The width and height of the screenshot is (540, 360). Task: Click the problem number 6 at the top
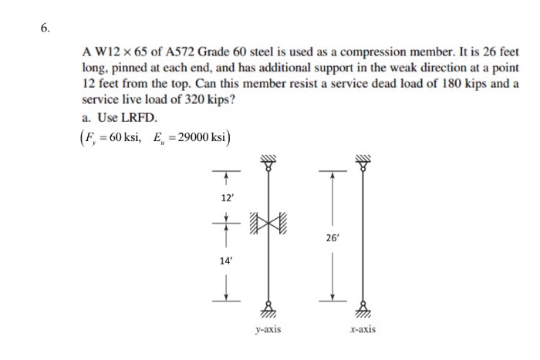(45, 29)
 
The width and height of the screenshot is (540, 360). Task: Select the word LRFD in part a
(140, 118)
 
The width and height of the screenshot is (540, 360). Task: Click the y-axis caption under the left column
(268, 329)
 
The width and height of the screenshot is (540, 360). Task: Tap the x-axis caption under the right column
(362, 329)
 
